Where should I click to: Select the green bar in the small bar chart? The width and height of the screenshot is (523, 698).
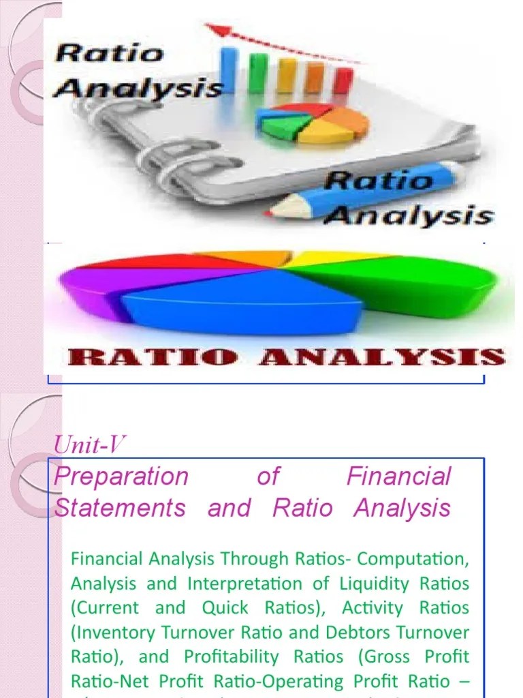coord(259,72)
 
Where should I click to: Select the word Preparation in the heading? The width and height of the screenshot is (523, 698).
coord(121,477)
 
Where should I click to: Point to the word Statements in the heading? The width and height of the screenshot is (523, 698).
coord(120,509)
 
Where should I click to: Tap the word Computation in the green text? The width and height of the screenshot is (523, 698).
coord(413,560)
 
